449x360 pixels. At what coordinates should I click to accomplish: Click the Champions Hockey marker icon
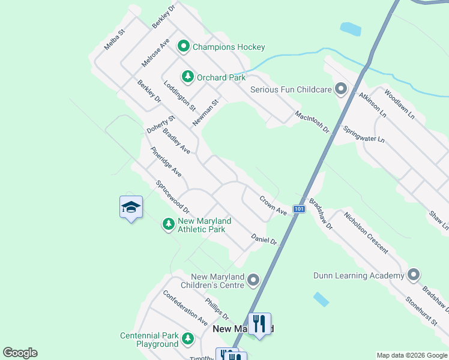[184, 46]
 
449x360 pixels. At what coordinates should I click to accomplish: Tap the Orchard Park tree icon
[188, 77]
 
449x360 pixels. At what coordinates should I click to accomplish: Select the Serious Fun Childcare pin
[342, 89]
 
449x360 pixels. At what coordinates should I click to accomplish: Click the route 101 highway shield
[300, 209]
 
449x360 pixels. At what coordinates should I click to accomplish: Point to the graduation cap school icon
[131, 208]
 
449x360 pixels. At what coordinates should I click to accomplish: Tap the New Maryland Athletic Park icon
[169, 224]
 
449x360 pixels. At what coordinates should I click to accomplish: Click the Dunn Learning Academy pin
[413, 275]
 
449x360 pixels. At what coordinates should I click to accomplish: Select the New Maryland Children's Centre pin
[253, 280]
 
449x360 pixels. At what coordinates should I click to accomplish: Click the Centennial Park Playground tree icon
[188, 339]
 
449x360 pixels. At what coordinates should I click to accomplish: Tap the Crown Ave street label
[273, 205]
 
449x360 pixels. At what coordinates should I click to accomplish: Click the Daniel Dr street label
[264, 239]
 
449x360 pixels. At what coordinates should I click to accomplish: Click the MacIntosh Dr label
[312, 122]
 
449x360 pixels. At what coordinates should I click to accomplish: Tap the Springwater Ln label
[363, 134]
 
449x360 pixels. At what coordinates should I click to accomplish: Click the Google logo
[20, 353]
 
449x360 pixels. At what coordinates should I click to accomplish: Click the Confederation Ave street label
[185, 308]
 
